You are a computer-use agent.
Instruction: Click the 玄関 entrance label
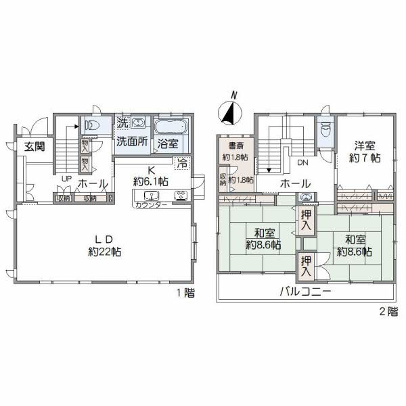(x=30, y=146)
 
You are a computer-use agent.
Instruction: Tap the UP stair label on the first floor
(x=66, y=179)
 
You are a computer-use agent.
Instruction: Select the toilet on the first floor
(x=91, y=125)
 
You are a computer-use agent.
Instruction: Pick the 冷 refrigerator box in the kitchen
(x=181, y=162)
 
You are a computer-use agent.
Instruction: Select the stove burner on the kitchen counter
(x=182, y=196)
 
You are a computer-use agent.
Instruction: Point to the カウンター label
(x=151, y=204)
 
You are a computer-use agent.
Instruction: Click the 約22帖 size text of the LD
(x=104, y=251)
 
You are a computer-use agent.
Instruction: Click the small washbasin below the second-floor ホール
(x=307, y=198)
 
